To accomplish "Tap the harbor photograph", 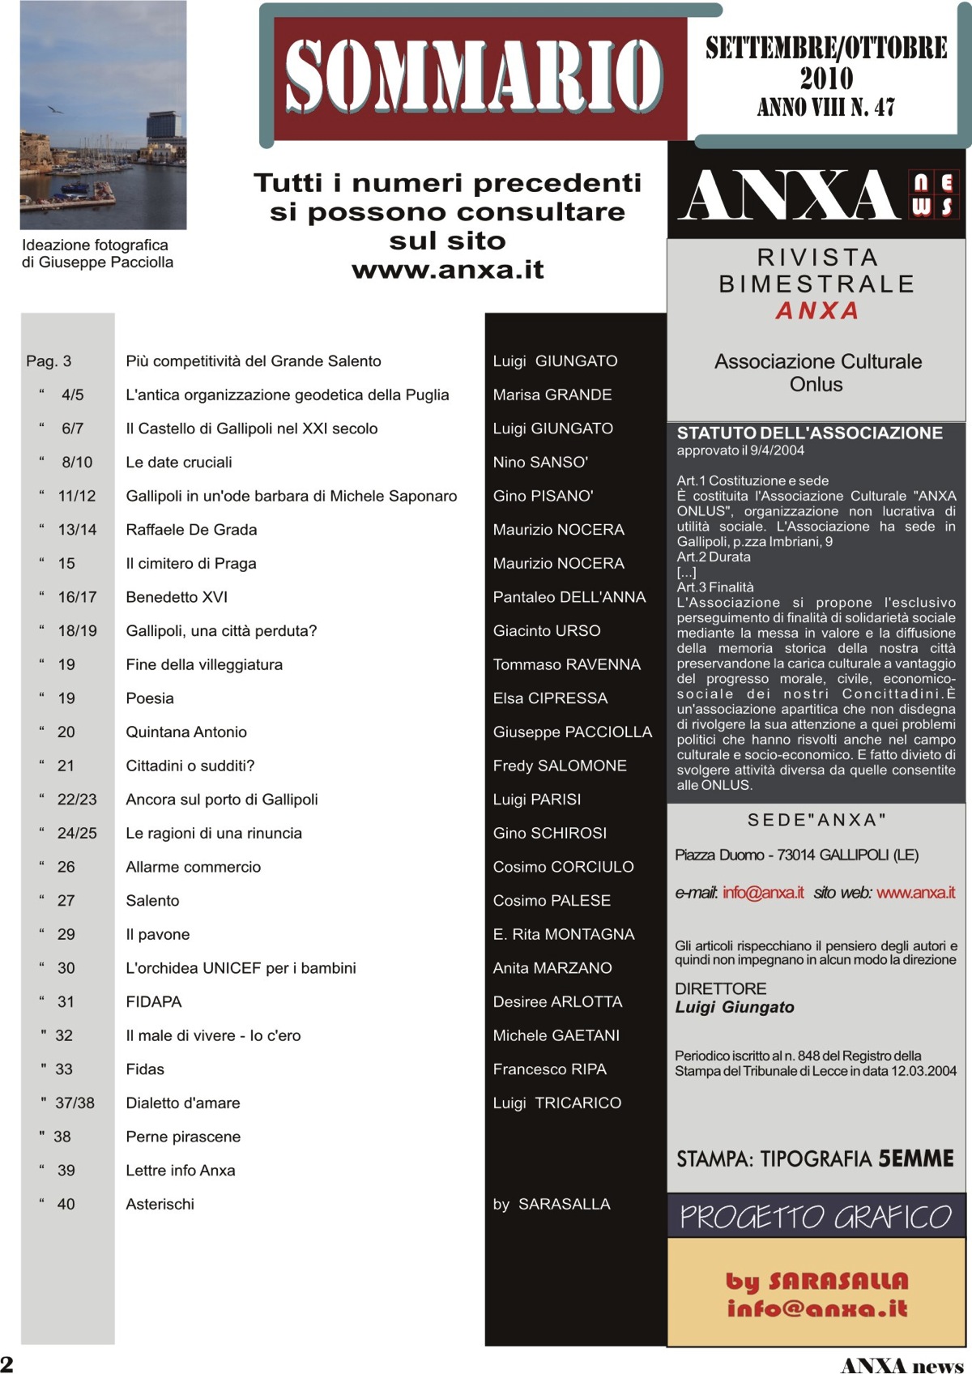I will [103, 115].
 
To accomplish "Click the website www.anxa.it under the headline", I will [447, 270].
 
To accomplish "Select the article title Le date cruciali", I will [179, 463].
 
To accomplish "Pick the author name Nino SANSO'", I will [540, 463].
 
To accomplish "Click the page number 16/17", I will [77, 597].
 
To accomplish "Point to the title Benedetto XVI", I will [177, 597].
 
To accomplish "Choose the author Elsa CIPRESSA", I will [550, 698].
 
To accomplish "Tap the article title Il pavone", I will [158, 934].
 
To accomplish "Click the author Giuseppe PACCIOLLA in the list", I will [572, 732].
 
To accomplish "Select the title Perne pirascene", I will [183, 1137].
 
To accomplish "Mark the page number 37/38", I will [75, 1103].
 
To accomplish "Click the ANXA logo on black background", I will [790, 195].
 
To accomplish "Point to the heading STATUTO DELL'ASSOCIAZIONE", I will [809, 433].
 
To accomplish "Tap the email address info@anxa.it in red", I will [763, 893].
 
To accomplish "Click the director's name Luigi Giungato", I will [735, 1008].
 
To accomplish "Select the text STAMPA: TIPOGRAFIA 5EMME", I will [815, 1159].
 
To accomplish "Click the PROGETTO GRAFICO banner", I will [816, 1217].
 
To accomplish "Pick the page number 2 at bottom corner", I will [7, 1363].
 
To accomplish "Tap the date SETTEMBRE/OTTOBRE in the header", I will [825, 49].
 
